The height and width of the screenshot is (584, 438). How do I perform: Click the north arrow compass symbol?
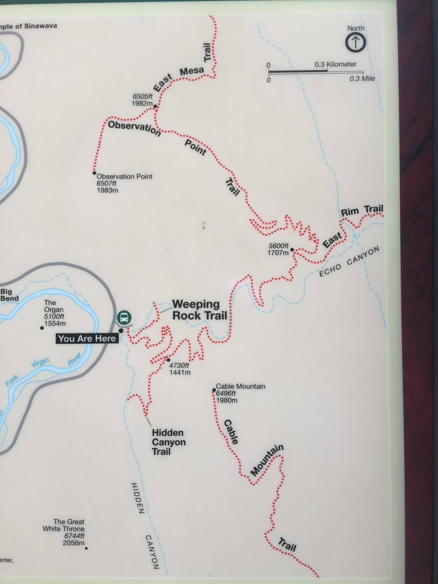pos(356,42)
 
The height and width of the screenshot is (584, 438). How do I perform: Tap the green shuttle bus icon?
pos(124,317)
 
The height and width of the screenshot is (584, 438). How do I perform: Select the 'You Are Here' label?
pos(87,339)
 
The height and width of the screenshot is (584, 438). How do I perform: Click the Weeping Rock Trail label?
pos(199,310)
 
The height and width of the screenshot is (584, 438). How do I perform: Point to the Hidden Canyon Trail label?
pos(169,442)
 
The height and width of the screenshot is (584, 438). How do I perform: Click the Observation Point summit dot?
pos(94,173)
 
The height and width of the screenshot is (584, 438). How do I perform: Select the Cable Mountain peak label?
pos(241,386)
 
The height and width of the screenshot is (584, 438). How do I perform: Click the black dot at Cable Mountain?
pos(214,390)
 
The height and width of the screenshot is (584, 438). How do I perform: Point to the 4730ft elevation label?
pos(179,365)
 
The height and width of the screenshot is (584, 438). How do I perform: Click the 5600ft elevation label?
pos(278,246)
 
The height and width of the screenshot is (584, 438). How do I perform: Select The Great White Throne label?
pos(64,525)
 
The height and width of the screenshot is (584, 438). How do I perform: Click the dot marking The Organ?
pos(42,328)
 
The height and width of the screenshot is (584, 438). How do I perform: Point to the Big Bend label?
pos(9,295)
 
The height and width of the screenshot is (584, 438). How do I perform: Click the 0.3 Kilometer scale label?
pos(335,64)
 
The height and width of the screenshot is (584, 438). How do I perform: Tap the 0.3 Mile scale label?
pos(362,78)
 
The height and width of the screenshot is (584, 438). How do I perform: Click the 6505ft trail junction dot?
pos(155,107)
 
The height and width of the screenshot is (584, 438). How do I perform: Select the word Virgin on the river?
pos(40,362)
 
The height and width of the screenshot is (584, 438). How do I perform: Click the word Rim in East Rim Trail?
pos(349,212)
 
